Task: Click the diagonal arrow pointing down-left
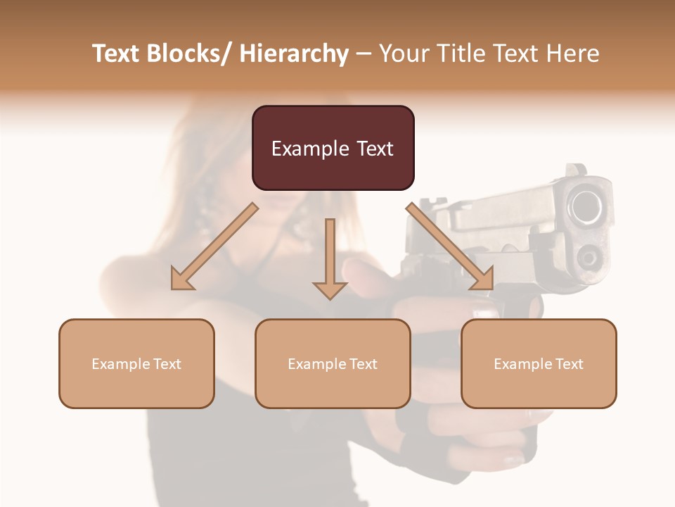[x=214, y=246]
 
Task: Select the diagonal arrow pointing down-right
[x=450, y=246]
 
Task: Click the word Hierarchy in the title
[x=293, y=54]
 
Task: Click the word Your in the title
[x=404, y=54]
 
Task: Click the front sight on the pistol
[x=577, y=170]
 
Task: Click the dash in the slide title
[x=364, y=54]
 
